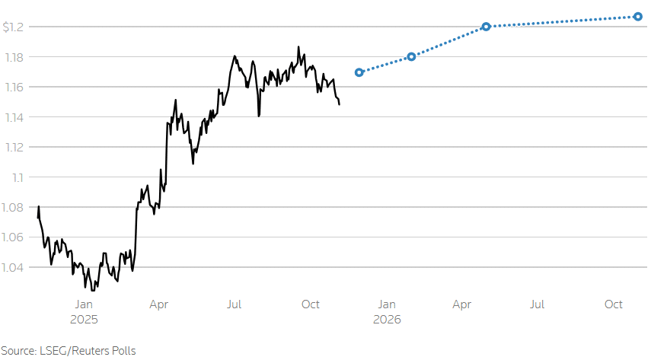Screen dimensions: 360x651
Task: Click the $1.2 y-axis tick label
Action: pos(14,27)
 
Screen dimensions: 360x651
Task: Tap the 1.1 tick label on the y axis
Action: pos(18,177)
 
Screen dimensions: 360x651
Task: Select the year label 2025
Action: pos(84,320)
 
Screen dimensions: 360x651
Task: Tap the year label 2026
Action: pos(387,320)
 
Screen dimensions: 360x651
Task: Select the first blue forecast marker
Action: pos(359,72)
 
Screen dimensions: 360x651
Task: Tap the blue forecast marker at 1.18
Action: pos(411,56)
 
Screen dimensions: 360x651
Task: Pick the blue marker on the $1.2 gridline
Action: pos(486,27)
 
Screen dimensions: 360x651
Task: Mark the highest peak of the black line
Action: pos(298,46)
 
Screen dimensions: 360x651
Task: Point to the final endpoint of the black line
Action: pos(339,104)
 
